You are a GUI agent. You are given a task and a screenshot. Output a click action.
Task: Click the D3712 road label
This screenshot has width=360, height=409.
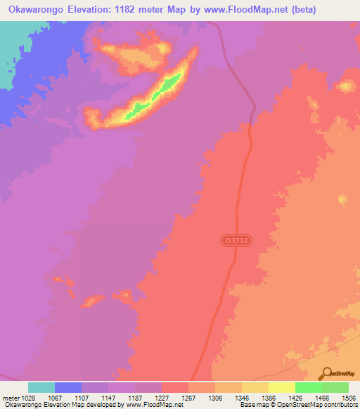(x=236, y=240)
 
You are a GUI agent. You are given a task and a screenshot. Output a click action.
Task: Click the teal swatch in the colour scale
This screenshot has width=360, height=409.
(x=41, y=387)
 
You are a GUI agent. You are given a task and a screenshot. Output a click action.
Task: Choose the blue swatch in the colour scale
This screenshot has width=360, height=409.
(x=67, y=387)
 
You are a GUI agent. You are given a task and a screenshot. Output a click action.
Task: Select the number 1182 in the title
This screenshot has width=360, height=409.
(x=140, y=10)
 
